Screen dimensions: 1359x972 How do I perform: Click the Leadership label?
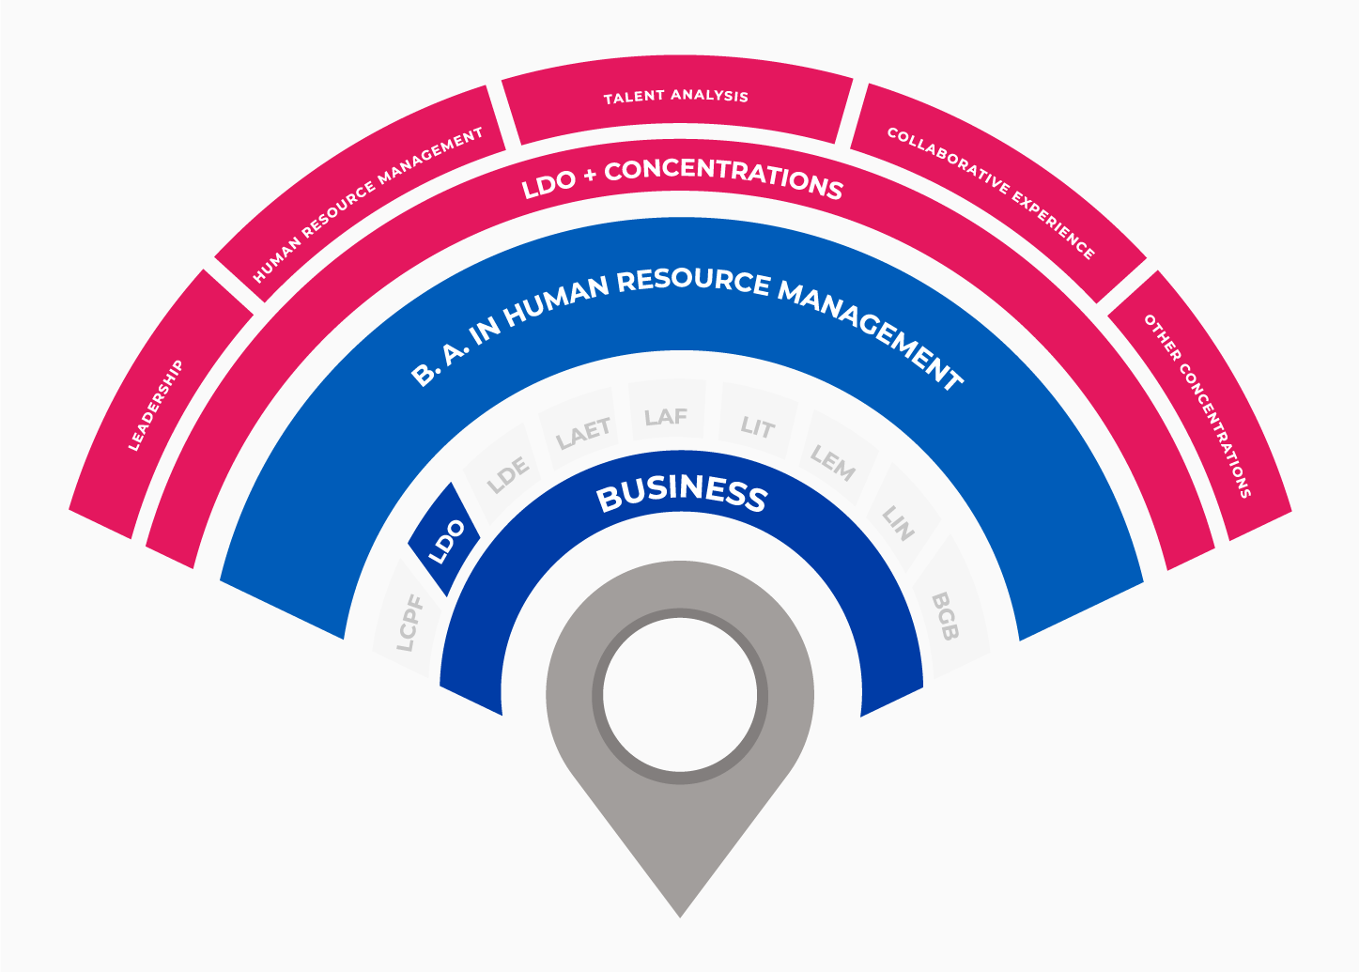(156, 406)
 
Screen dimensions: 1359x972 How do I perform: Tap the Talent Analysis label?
(676, 97)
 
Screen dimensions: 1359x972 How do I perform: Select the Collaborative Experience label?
(992, 193)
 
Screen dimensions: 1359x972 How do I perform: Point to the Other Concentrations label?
(1197, 406)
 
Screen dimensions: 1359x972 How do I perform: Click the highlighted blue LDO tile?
(444, 539)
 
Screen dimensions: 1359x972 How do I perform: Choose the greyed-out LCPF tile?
(408, 619)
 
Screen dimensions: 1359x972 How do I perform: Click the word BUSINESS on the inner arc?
(682, 494)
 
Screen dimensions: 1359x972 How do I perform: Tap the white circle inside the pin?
(680, 695)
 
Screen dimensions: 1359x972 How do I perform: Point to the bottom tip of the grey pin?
(680, 918)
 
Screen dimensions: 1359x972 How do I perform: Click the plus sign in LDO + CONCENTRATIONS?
(590, 176)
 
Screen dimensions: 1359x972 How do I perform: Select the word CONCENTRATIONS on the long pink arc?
(724, 177)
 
